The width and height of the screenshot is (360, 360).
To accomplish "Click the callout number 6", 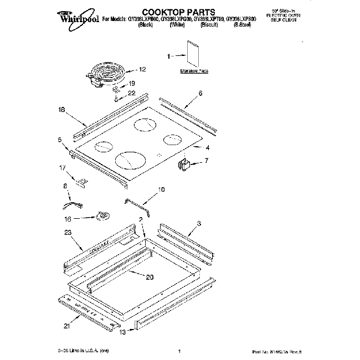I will pyautogui.click(x=200, y=93).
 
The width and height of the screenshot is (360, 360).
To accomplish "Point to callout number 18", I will pyautogui.click(x=61, y=110).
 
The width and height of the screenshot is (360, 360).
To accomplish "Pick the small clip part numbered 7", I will pyautogui.click(x=185, y=163).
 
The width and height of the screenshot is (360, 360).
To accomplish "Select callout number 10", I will pyautogui.click(x=161, y=189).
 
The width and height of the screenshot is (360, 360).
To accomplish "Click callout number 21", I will pyautogui.click(x=66, y=327).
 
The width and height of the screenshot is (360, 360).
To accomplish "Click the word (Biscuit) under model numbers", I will pyautogui.click(x=209, y=25).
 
